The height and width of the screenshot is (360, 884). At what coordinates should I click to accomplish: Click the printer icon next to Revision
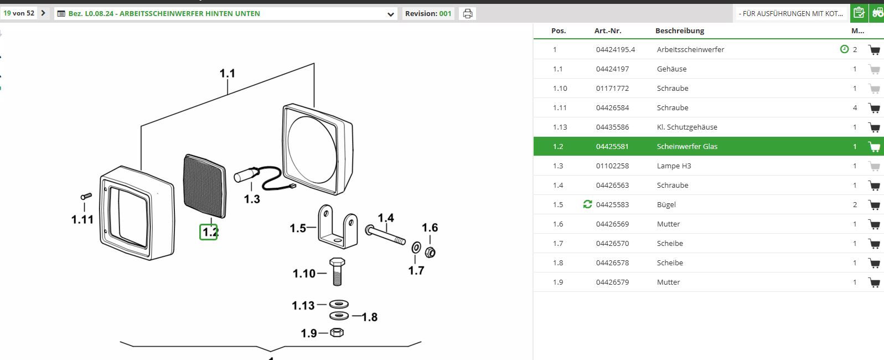tap(467, 14)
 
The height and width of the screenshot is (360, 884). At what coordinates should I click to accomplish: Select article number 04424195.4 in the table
tap(615, 50)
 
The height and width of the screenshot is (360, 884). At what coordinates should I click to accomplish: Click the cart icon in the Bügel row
tap(874, 205)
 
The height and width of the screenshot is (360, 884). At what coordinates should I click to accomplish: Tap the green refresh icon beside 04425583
tap(588, 204)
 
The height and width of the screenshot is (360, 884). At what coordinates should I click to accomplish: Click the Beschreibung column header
tap(680, 31)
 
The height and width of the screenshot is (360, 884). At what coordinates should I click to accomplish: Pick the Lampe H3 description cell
tap(674, 166)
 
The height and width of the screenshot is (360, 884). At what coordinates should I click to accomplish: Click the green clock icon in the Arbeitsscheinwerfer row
tap(844, 49)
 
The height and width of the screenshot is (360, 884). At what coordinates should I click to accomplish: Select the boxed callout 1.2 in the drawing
tap(209, 232)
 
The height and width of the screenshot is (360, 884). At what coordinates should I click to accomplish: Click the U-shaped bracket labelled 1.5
tap(338, 228)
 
